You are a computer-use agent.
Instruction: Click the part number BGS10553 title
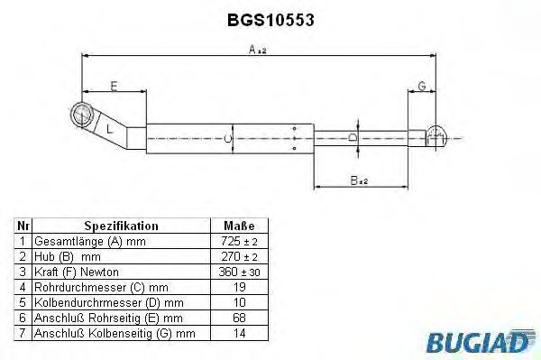click(x=270, y=17)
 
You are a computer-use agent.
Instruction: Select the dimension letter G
click(x=421, y=86)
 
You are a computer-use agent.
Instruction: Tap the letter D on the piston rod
click(x=353, y=138)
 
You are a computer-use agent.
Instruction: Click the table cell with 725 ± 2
click(x=239, y=243)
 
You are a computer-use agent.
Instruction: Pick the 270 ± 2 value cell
click(x=239, y=257)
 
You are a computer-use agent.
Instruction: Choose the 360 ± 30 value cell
click(x=239, y=272)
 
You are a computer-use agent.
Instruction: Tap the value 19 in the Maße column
click(x=239, y=286)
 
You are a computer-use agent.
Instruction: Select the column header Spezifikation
click(x=121, y=226)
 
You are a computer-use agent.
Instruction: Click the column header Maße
click(x=239, y=226)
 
